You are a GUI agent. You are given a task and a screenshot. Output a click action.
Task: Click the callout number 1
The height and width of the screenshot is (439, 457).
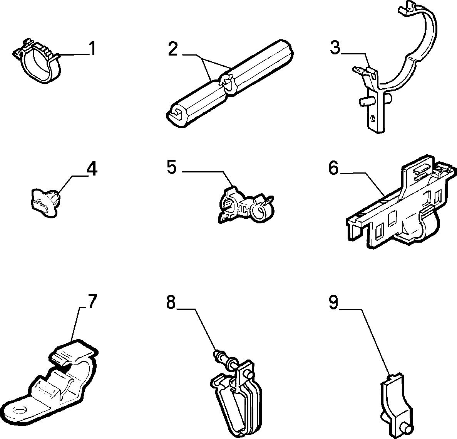point(92,49)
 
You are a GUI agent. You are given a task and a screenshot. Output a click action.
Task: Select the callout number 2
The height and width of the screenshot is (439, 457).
point(173,49)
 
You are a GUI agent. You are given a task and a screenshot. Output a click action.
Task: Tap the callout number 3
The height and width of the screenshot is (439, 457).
point(335,47)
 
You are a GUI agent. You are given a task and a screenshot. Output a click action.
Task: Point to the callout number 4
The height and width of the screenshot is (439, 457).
point(92,169)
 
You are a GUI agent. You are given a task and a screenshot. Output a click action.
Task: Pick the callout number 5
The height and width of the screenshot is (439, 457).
point(172,167)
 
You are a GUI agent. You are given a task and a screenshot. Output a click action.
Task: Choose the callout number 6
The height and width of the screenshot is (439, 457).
point(334,168)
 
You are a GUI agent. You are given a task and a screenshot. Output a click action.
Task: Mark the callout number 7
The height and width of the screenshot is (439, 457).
point(92,302)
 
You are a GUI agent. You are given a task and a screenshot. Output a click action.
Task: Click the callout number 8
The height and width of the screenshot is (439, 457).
point(171,302)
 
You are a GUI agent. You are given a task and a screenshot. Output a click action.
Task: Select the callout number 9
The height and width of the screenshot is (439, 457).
point(333,302)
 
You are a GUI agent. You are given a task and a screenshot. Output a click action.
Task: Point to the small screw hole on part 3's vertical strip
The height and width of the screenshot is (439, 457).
point(373,118)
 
